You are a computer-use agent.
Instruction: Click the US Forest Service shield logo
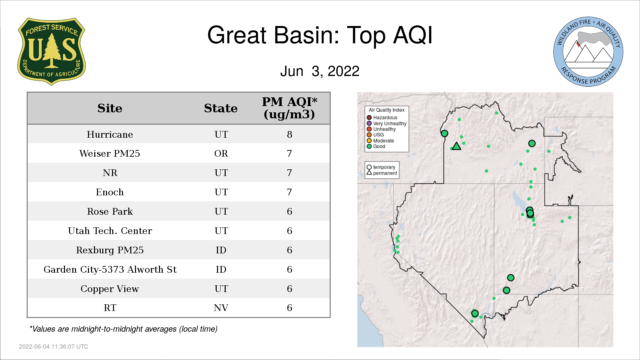[x=51, y=52]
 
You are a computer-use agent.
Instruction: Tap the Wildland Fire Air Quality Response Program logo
[x=588, y=52]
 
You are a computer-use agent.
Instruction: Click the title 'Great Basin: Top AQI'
[x=320, y=35]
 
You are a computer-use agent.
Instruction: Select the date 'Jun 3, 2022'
[x=320, y=71]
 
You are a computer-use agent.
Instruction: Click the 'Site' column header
[x=110, y=108]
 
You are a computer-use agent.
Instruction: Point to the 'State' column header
[x=221, y=108]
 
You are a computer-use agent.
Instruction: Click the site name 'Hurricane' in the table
[x=110, y=134]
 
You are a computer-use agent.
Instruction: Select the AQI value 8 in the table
[x=289, y=134]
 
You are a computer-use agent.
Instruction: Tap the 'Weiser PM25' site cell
[x=110, y=153]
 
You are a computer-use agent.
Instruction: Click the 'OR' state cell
[x=221, y=153]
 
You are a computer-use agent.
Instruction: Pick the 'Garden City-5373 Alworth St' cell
[x=110, y=269]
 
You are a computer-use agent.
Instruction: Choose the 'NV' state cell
[x=221, y=308]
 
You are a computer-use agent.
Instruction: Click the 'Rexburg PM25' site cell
[x=110, y=250]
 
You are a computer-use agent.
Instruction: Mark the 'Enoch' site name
[x=110, y=192]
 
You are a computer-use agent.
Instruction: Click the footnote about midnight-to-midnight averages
[x=123, y=329]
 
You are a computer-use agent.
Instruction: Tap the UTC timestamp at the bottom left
[x=54, y=347]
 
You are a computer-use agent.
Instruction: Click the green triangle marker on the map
[x=456, y=146]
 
